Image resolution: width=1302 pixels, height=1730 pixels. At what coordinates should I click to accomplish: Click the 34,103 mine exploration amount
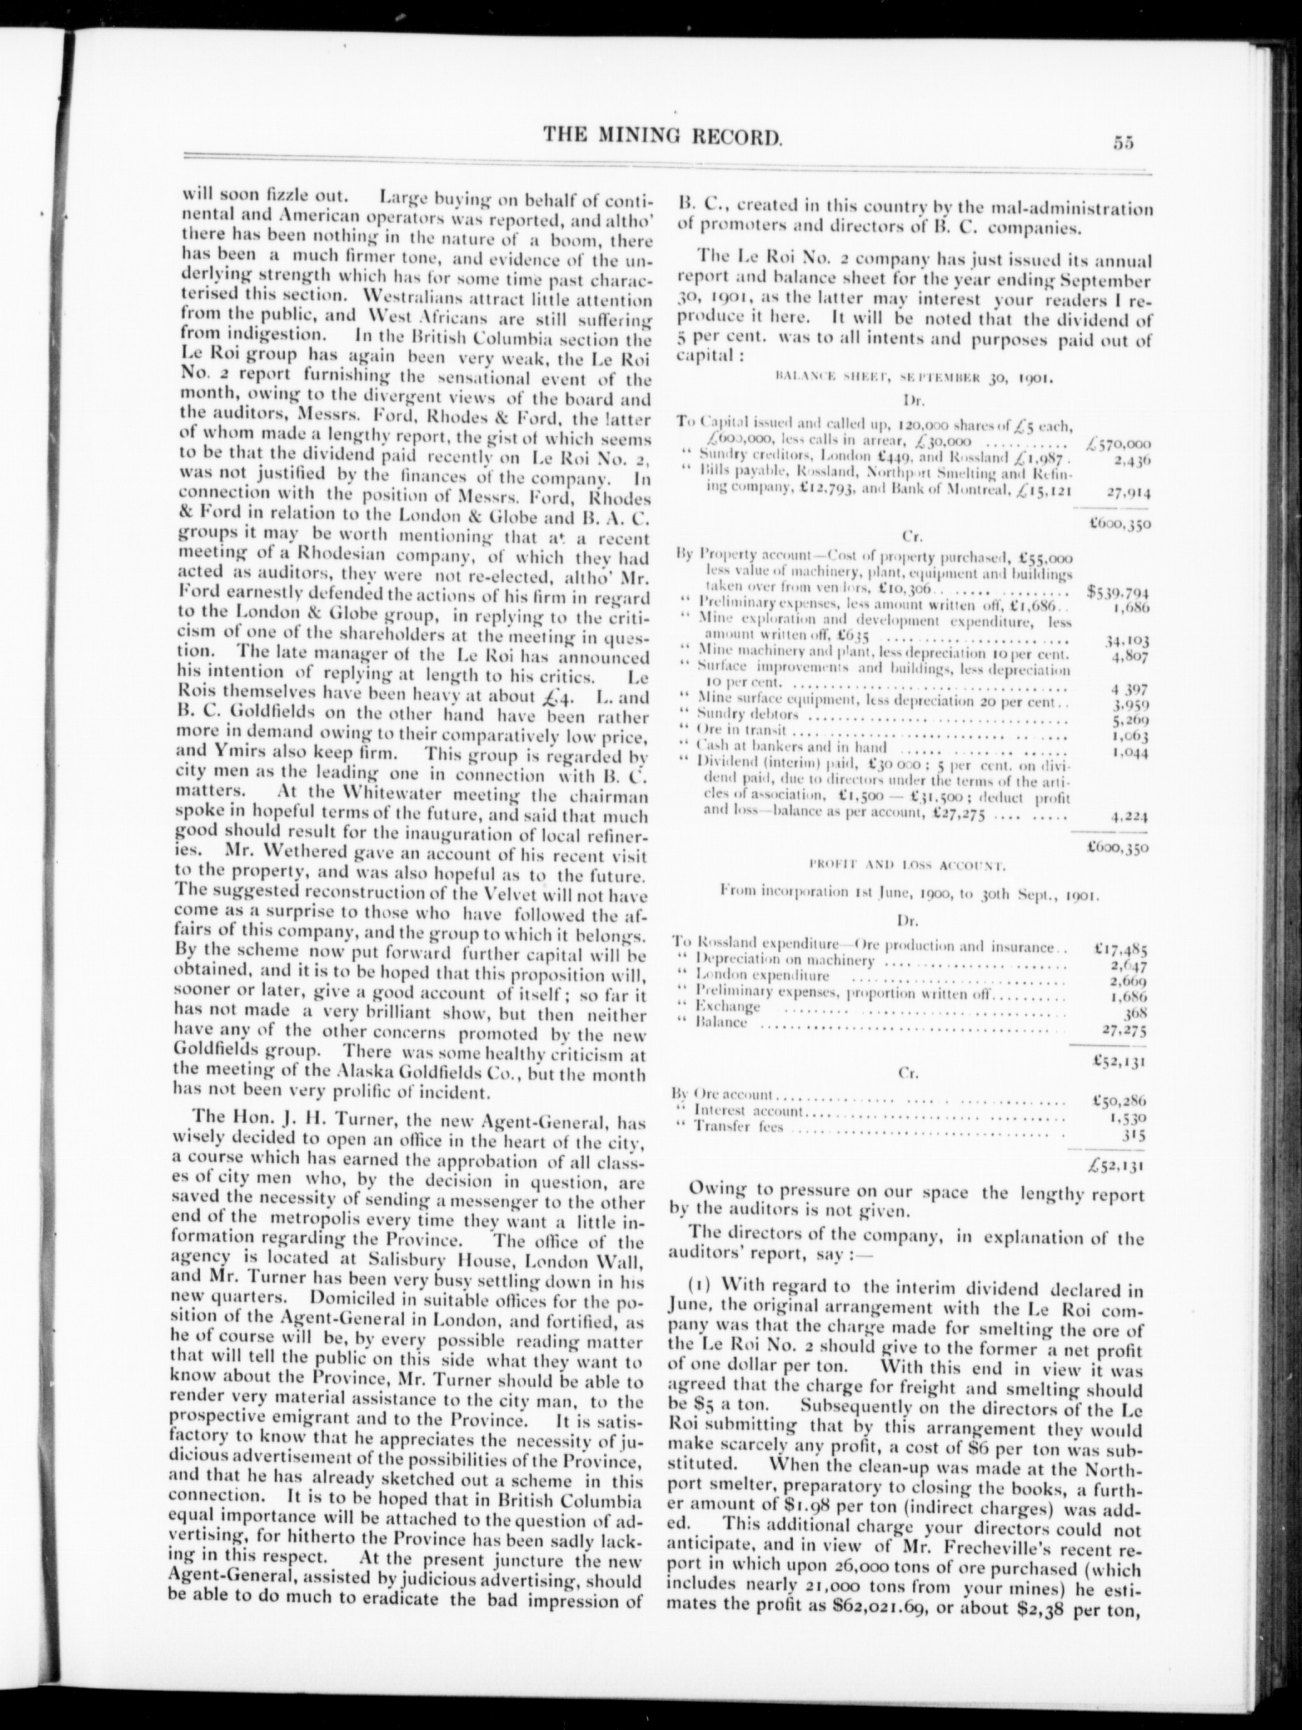pyautogui.click(x=1127, y=641)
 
